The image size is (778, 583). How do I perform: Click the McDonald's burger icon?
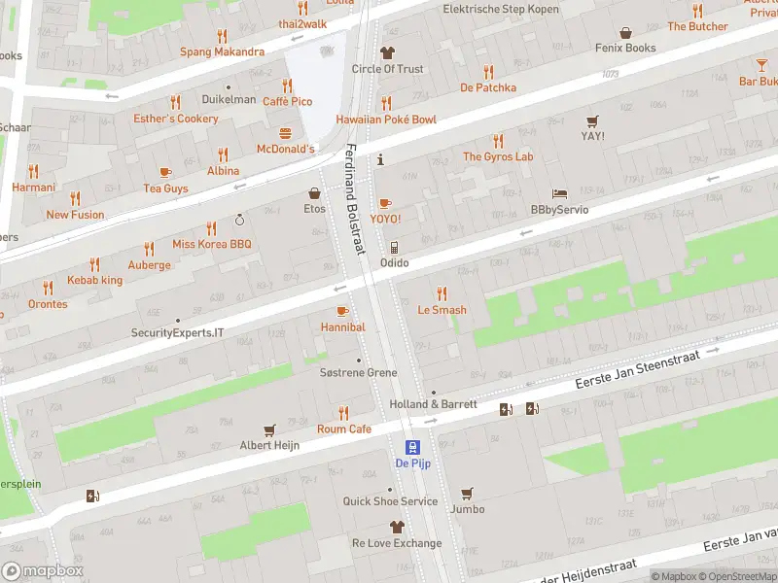pyautogui.click(x=286, y=133)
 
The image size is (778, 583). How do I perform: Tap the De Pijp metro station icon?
pyautogui.click(x=413, y=447)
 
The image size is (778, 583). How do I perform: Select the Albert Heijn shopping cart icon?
pyautogui.click(x=270, y=429)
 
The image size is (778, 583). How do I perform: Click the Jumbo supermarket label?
pyautogui.click(x=468, y=509)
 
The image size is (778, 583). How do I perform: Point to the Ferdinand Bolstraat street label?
pyautogui.click(x=354, y=199)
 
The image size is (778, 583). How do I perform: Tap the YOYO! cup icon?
pyautogui.click(x=385, y=203)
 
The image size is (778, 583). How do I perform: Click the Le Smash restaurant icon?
pyautogui.click(x=442, y=293)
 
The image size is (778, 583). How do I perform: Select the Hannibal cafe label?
pyautogui.click(x=342, y=327)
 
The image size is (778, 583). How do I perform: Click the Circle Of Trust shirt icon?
pyautogui.click(x=387, y=52)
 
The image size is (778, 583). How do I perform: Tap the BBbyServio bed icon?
pyautogui.click(x=559, y=193)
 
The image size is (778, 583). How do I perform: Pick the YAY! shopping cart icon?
pyautogui.click(x=592, y=120)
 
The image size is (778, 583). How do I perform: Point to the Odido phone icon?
pyautogui.click(x=394, y=248)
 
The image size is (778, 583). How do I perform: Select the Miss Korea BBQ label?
pyautogui.click(x=212, y=245)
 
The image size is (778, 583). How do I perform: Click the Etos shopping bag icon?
pyautogui.click(x=314, y=193)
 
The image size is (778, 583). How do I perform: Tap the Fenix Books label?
pyautogui.click(x=626, y=48)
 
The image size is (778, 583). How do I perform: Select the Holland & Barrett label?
pyautogui.click(x=433, y=404)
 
